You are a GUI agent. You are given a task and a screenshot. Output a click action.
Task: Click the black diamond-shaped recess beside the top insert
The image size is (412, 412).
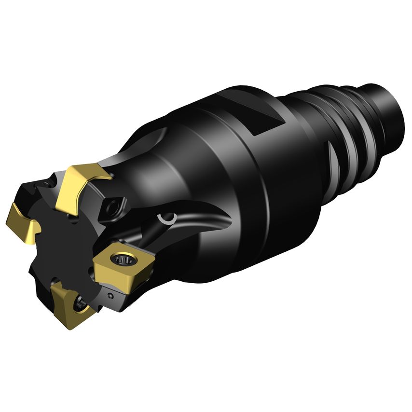pos(114,207)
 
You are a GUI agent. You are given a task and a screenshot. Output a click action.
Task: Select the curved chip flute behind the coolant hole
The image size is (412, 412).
pos(203,227)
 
